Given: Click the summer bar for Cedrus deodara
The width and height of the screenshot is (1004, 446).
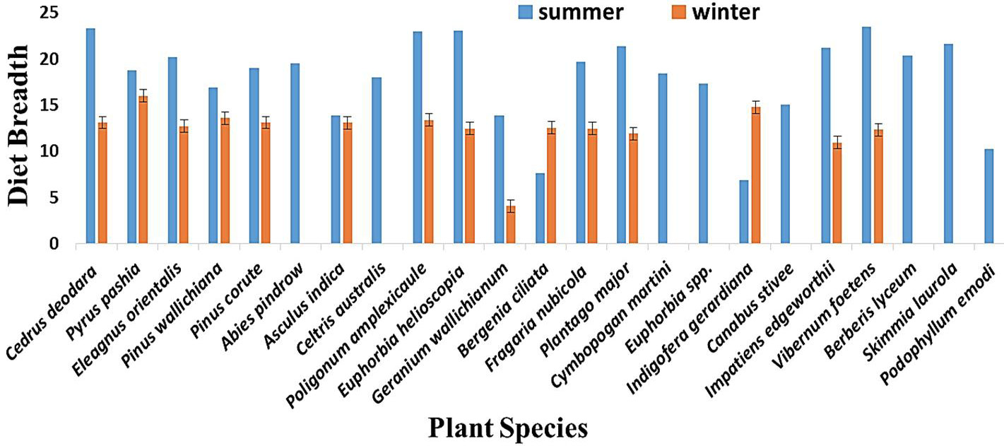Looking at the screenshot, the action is [90, 136].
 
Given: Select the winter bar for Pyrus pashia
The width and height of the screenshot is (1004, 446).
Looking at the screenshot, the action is [143, 170].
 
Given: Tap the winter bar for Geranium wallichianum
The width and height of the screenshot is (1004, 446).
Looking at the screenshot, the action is [511, 225].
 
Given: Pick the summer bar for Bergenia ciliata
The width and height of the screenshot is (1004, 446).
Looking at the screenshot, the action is [540, 209].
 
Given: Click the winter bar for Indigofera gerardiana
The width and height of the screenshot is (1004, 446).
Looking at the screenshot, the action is [756, 175].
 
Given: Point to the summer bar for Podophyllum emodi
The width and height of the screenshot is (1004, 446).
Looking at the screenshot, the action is [988, 196].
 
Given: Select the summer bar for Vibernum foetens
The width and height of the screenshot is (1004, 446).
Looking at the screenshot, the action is [866, 136].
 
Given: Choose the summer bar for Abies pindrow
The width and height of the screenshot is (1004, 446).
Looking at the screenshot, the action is [295, 153].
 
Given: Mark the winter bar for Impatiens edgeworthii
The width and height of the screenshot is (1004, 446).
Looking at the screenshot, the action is [837, 193].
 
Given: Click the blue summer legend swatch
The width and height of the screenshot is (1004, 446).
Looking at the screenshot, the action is [525, 12].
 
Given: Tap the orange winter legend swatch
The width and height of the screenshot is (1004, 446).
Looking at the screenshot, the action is [679, 12].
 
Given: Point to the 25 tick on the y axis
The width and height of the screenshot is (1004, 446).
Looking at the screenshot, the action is [49, 12].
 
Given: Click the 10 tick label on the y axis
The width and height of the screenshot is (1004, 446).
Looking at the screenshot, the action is [49, 151].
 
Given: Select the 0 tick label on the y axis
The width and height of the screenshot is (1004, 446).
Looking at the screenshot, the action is [54, 243].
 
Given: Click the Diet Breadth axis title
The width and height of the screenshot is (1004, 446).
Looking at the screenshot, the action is [18, 126].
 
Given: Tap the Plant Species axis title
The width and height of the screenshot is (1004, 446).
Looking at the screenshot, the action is [508, 428].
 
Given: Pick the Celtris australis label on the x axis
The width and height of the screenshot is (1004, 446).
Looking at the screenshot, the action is [341, 310].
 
